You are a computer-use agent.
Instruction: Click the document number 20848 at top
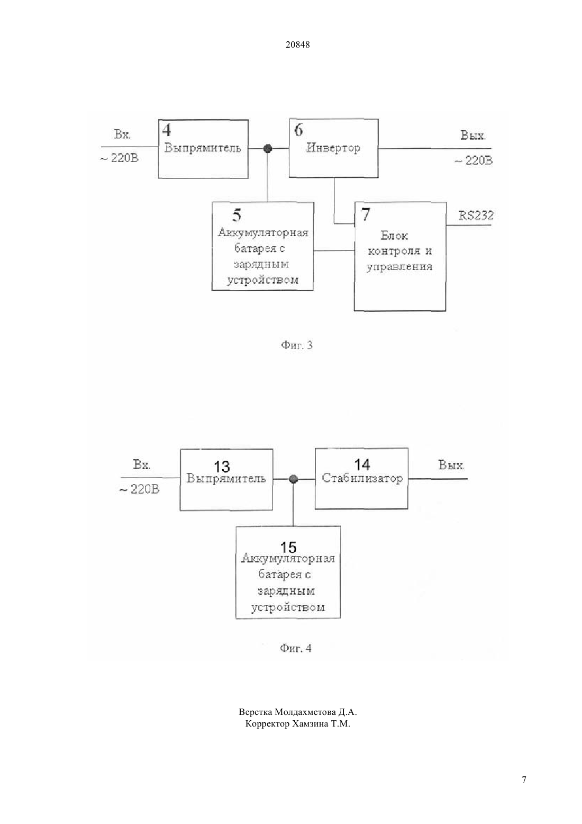(297, 44)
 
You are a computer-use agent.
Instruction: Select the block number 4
(167, 130)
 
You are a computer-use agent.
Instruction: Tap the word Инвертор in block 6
(333, 148)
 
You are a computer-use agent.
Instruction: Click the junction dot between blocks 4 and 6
(268, 149)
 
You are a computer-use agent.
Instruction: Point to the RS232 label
(476, 215)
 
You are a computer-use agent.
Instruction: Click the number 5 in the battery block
(237, 215)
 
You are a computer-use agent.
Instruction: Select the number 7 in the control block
(366, 214)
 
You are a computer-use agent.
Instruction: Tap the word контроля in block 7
(394, 251)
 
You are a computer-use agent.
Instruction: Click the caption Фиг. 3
(296, 345)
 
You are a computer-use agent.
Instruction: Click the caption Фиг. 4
(296, 648)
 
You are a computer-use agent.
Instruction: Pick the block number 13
(222, 467)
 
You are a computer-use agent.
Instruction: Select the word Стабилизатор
(362, 478)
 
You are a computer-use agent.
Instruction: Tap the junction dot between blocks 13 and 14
(293, 479)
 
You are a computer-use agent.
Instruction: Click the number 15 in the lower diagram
(288, 548)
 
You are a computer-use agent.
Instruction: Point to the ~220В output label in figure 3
(473, 161)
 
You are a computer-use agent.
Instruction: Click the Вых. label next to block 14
(451, 465)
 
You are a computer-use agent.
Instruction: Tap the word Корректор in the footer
(267, 724)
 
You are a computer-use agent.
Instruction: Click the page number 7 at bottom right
(524, 780)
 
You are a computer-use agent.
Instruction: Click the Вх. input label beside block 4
(122, 135)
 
